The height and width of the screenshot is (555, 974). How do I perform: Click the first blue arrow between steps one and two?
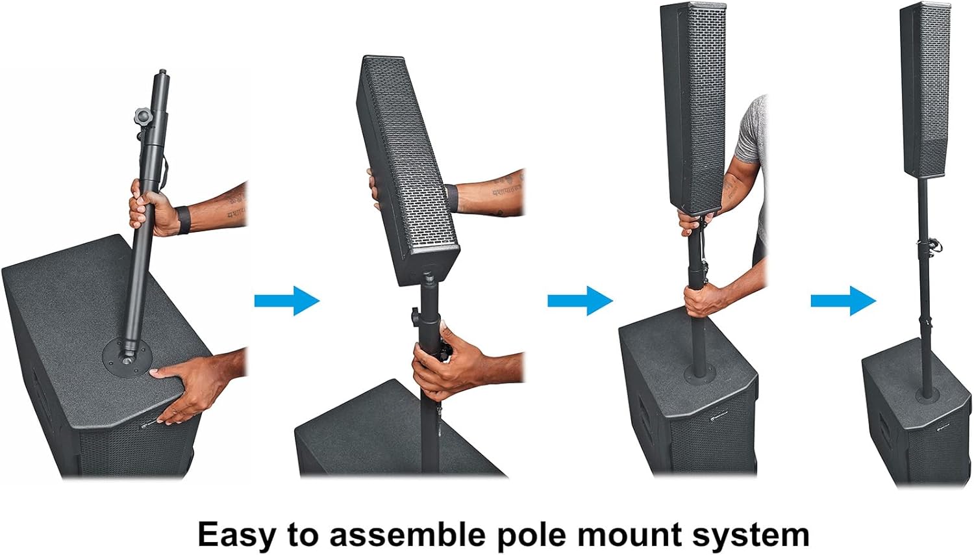(286, 301)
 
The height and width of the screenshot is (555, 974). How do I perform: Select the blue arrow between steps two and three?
(580, 301)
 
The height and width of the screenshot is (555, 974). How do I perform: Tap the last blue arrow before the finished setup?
(843, 301)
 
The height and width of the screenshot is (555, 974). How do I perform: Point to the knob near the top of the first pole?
(142, 117)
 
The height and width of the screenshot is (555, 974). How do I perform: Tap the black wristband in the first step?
(183, 220)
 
